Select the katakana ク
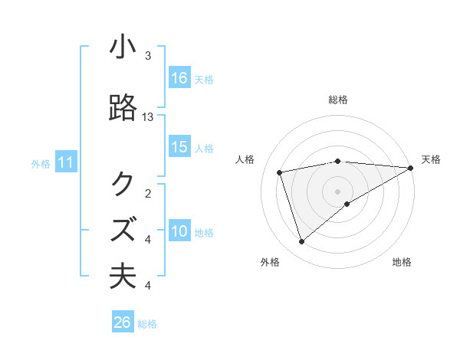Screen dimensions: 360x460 coord(123,183)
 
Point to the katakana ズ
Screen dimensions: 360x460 coord(123,229)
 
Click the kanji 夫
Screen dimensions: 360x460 coord(123,276)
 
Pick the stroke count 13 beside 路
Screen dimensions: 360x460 coord(148,116)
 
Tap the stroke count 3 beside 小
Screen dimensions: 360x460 coord(148,56)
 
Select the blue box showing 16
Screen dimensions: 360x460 coord(179,78)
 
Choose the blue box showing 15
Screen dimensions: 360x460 coord(179,147)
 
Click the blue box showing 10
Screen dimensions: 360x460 coord(179,231)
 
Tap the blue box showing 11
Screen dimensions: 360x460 coord(66,163)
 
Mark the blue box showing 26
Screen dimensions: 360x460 coord(123,323)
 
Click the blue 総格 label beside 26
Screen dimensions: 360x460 coord(147,324)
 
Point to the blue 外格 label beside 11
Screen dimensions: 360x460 coord(41,164)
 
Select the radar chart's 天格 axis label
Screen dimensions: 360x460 coord(431,159)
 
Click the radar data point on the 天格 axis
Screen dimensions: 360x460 coord(411,168)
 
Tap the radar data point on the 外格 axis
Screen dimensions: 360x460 coord(301,242)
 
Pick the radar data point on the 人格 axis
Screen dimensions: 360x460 coord(281,172)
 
